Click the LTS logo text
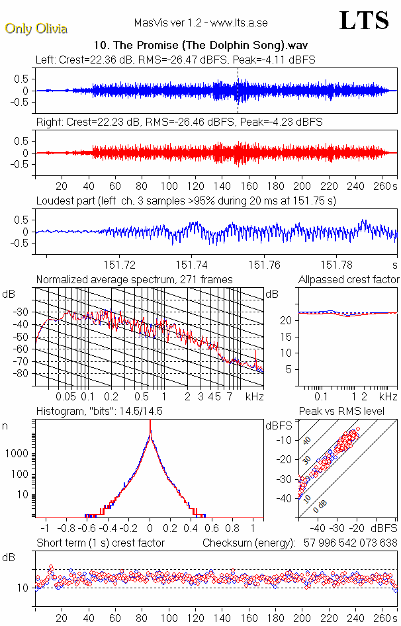point(364,21)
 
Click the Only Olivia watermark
point(36,28)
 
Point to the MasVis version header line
point(200,23)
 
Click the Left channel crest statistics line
point(175,60)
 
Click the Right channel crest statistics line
point(179,122)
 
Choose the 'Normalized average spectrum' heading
point(134,279)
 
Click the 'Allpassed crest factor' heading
point(349,279)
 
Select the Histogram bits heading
point(99,411)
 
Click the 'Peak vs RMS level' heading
point(350,411)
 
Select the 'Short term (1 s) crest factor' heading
point(101,543)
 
